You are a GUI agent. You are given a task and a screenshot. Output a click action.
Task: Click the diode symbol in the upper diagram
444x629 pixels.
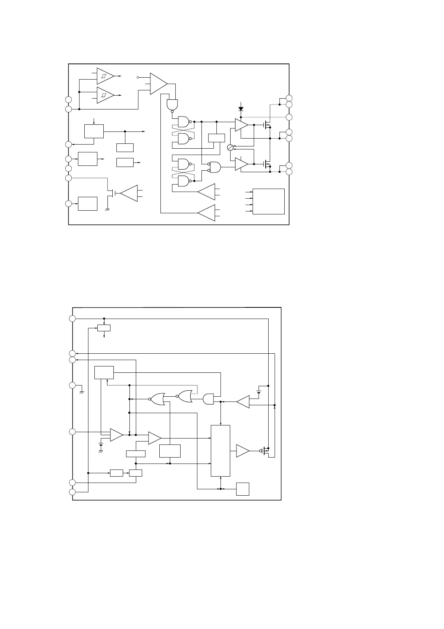tap(241, 109)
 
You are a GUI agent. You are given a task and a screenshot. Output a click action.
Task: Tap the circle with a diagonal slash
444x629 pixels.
tap(230, 148)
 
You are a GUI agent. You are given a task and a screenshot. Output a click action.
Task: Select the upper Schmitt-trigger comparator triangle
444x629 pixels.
tap(105, 76)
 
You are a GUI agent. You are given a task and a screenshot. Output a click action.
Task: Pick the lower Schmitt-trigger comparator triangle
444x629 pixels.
tap(105, 95)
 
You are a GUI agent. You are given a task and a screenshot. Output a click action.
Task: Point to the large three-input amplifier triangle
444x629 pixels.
tap(158, 84)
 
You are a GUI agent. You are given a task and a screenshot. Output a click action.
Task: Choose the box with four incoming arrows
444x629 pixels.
tap(268, 201)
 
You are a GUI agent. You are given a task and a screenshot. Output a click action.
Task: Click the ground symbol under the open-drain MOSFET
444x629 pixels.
tap(107, 210)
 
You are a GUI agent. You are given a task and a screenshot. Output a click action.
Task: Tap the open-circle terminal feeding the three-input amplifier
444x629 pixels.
tap(138, 77)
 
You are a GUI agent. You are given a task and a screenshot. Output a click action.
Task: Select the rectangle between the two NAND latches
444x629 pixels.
tap(216, 137)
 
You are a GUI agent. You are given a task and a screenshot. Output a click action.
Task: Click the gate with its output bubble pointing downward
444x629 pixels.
tap(172, 105)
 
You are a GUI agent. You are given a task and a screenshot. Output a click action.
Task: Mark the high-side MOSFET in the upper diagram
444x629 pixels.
tap(266, 125)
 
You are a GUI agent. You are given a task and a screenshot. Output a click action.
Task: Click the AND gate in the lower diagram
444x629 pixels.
tap(208, 399)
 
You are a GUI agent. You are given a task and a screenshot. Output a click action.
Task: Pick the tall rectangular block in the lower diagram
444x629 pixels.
tap(221, 450)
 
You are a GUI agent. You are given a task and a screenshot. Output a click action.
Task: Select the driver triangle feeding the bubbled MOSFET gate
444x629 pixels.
tap(242, 451)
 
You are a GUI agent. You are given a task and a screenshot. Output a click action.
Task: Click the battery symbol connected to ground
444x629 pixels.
tap(100, 445)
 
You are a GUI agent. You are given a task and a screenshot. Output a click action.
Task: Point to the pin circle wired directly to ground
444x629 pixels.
tap(72, 385)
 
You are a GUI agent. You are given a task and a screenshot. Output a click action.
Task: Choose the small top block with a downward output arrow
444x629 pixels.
tap(104, 328)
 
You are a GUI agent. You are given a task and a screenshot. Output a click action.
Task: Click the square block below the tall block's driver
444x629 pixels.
tap(243, 489)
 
